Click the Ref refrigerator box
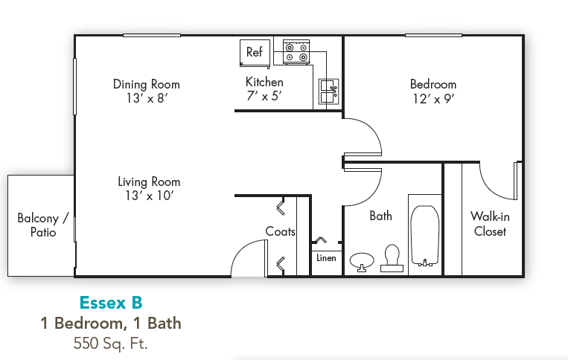pos(255,52)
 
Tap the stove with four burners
pos(296,52)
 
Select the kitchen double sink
pos(328,91)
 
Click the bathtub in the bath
pos(425,234)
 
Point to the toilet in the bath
pos(392,257)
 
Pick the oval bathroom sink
pos(363,260)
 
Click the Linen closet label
pos(326,258)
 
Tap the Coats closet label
pos(280,231)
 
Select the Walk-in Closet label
pos(489,224)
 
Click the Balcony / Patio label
pos(42,225)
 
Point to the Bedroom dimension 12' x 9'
pos(433,97)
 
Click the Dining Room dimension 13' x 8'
pos(146,97)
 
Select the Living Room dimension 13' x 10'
pos(149,196)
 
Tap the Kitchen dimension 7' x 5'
pos(264,95)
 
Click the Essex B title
pos(110,303)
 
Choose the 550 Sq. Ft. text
pos(110,343)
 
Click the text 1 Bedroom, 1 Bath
pos(110,323)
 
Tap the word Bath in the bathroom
pos(380,216)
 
